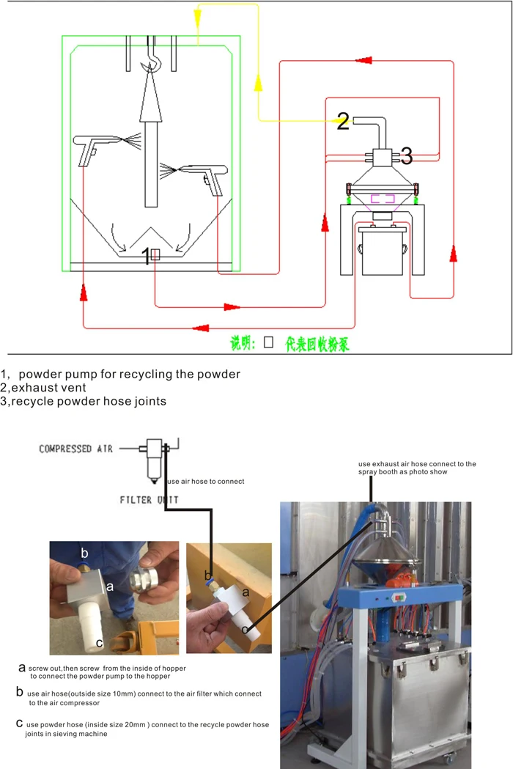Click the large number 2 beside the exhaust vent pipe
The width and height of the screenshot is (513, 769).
pyautogui.click(x=343, y=122)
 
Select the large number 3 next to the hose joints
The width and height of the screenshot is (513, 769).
pyautogui.click(x=406, y=155)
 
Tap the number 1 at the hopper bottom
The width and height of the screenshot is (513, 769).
pyautogui.click(x=146, y=256)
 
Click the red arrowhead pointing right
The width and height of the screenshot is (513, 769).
pyautogui.click(x=232, y=306)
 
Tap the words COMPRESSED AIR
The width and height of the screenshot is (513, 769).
pyautogui.click(x=75, y=449)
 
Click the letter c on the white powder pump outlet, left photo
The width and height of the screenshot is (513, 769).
pyautogui.click(x=99, y=643)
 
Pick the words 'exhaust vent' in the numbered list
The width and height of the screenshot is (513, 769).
pyautogui.click(x=48, y=387)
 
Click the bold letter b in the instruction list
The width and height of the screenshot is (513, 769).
pyautogui.click(x=20, y=691)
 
